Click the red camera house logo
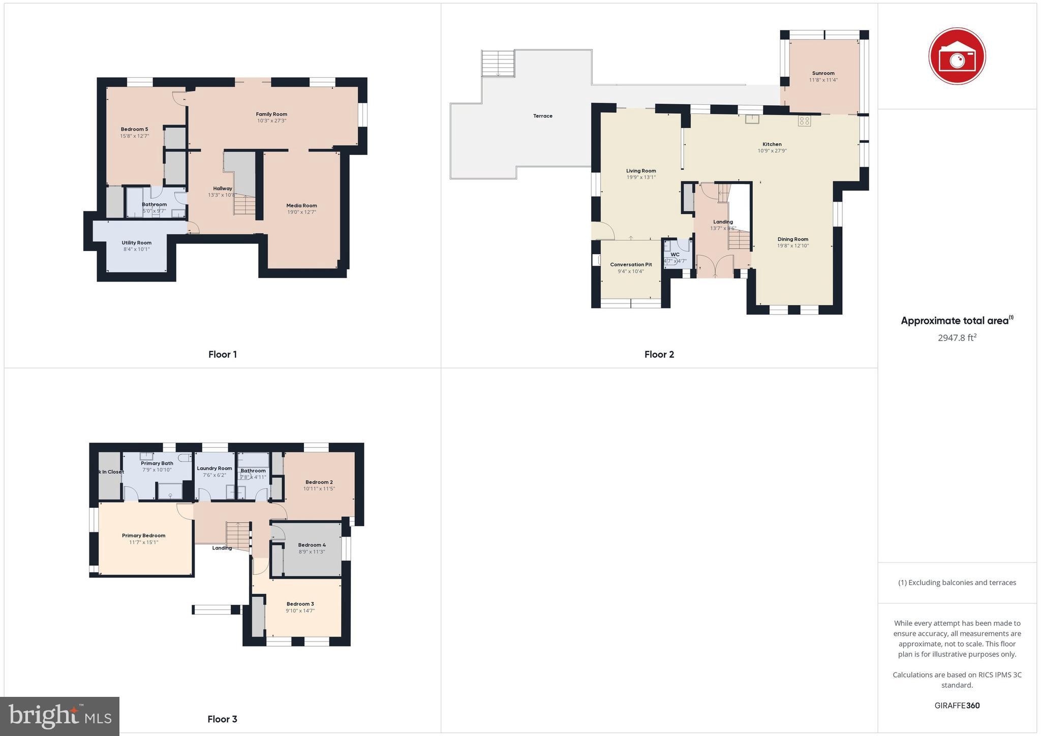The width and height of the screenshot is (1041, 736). click(957, 55)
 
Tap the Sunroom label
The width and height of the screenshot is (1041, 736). click(823, 73)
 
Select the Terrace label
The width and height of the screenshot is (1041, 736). click(542, 116)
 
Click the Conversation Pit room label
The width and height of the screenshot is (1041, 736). click(631, 264)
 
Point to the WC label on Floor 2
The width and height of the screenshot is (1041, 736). click(675, 255)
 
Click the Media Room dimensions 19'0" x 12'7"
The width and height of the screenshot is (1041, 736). click(301, 212)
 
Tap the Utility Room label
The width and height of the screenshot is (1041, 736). click(136, 242)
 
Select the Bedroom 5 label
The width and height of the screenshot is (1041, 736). click(134, 129)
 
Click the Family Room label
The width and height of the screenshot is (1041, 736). click(271, 114)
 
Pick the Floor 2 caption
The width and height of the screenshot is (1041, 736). click(659, 354)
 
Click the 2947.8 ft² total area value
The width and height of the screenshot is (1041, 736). click(957, 338)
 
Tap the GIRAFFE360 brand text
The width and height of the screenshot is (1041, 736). click(957, 706)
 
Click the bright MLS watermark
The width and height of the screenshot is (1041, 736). click(60, 716)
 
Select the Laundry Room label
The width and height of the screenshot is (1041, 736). click(214, 468)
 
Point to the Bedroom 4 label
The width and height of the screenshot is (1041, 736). click(312, 545)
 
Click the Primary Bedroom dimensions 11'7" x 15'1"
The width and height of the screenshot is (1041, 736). click(143, 542)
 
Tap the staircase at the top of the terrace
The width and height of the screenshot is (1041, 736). click(498, 63)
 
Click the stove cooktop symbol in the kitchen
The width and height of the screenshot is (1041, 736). click(804, 121)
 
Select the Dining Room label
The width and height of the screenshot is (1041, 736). click(792, 239)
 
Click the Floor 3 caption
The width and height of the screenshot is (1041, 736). click(222, 719)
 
